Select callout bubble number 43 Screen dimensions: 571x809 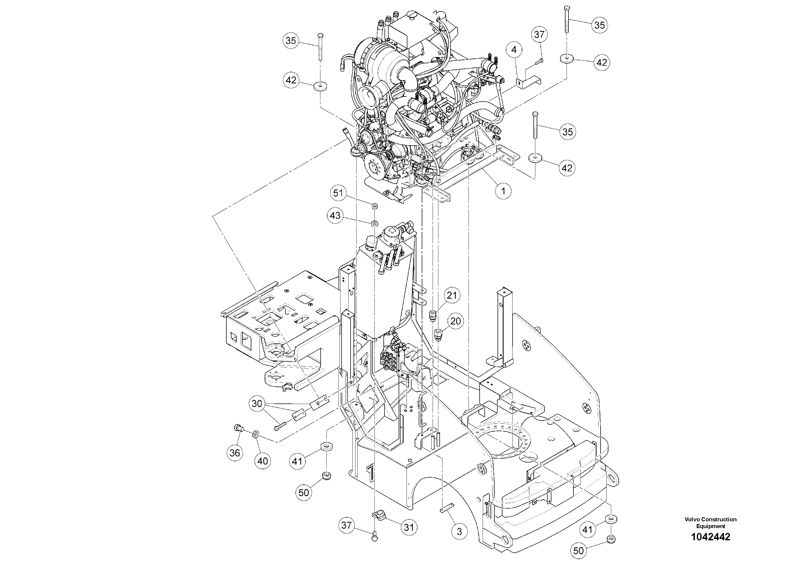[335, 215]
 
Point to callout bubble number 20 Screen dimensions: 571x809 [456, 321]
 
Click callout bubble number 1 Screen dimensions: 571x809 [503, 191]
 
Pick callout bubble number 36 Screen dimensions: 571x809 [235, 453]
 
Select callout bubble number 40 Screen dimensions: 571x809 [263, 460]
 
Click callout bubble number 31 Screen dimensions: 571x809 [409, 527]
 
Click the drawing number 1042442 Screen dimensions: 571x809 [710, 537]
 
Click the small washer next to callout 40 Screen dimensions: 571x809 [255, 433]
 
